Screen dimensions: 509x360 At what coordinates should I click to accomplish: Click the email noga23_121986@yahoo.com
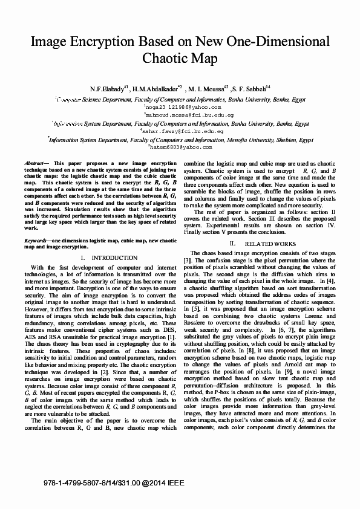[179, 106]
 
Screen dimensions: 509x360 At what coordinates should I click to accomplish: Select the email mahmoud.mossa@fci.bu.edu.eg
[180, 114]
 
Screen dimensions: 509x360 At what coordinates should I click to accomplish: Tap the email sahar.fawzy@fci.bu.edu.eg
[180, 130]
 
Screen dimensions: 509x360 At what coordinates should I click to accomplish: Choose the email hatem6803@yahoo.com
[180, 146]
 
